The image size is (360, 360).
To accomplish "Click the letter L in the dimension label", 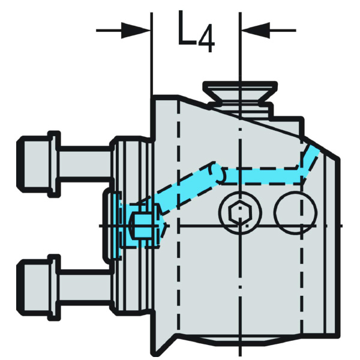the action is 187,28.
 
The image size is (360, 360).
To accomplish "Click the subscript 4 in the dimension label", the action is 206,41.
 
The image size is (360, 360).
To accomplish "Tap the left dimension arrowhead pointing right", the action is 136,31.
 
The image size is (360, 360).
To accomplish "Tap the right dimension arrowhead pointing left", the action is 255,31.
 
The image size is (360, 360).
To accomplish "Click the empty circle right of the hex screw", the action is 296,213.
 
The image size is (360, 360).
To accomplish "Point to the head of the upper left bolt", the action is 38,164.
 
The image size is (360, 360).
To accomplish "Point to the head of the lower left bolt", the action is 38,287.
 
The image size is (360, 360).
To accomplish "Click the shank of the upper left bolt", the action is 85,164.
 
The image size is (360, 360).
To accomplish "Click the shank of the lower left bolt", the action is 85,287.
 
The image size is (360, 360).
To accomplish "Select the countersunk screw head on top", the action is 240,92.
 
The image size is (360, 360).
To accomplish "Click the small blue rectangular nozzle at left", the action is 143,226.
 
